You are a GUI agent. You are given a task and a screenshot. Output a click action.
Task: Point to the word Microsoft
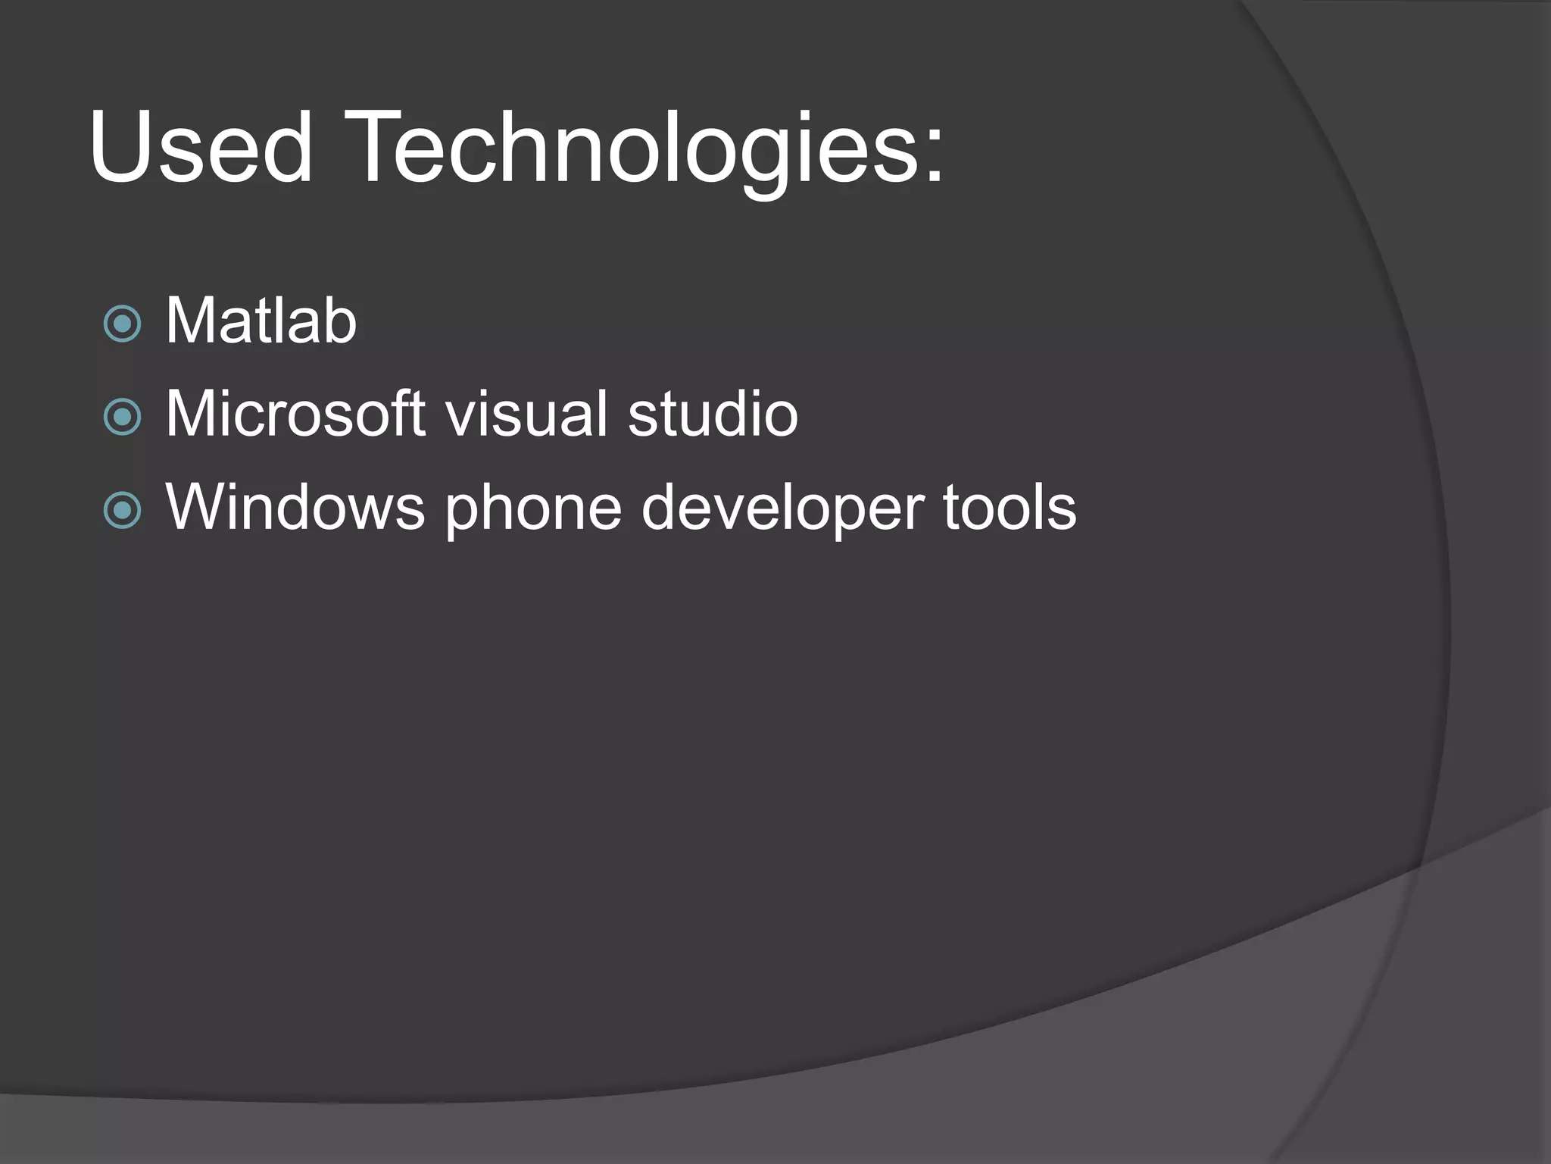pyautogui.click(x=295, y=414)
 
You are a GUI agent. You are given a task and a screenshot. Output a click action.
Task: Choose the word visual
pyautogui.click(x=527, y=414)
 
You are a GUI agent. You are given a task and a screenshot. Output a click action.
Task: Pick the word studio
pyautogui.click(x=713, y=414)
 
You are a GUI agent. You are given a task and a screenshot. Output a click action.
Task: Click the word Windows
pyautogui.click(x=295, y=507)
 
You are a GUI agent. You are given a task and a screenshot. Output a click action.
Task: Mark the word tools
pyautogui.click(x=1010, y=507)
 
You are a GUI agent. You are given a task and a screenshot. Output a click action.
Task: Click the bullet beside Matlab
pyautogui.click(x=122, y=324)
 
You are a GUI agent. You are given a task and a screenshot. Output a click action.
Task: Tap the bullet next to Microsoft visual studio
pyautogui.click(x=122, y=417)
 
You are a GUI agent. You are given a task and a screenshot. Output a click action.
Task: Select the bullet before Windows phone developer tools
pyautogui.click(x=122, y=510)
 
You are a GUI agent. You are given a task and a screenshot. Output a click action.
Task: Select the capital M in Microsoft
pyautogui.click(x=190, y=414)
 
